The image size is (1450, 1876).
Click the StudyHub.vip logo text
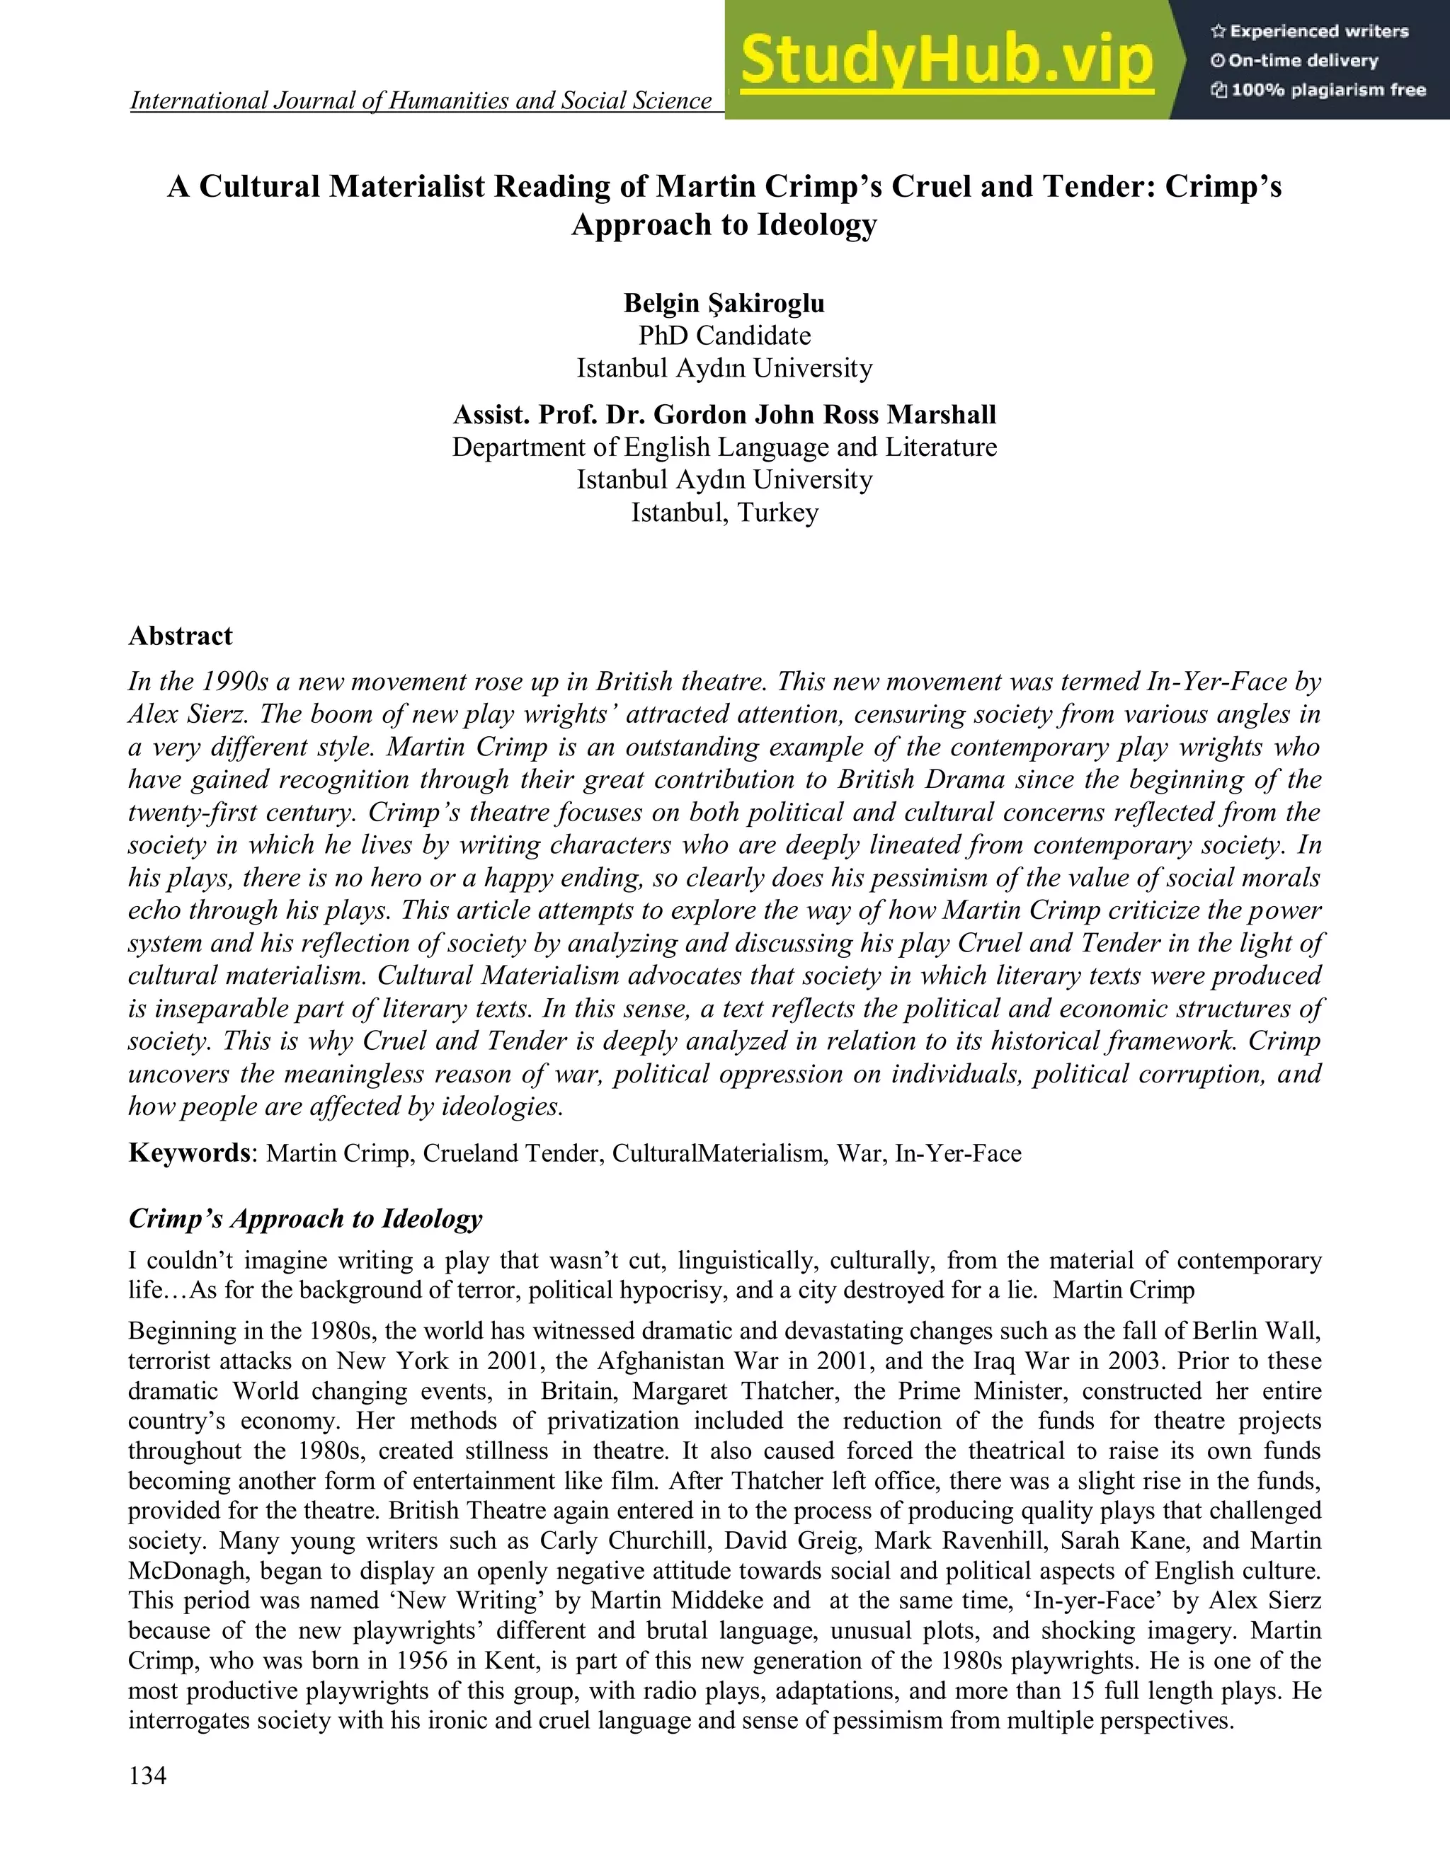coord(947,60)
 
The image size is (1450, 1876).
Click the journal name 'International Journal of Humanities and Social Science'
coord(421,101)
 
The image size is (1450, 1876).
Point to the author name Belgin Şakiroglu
coord(724,303)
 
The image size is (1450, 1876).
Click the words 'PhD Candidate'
coord(724,336)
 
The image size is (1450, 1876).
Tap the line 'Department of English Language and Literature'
coord(724,447)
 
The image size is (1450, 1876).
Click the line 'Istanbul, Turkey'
coord(724,513)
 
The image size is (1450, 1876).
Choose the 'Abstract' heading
coord(181,636)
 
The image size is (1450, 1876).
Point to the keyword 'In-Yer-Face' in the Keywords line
coord(958,1153)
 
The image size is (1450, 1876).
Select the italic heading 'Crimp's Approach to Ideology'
coord(305,1219)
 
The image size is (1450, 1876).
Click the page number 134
coord(148,1776)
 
